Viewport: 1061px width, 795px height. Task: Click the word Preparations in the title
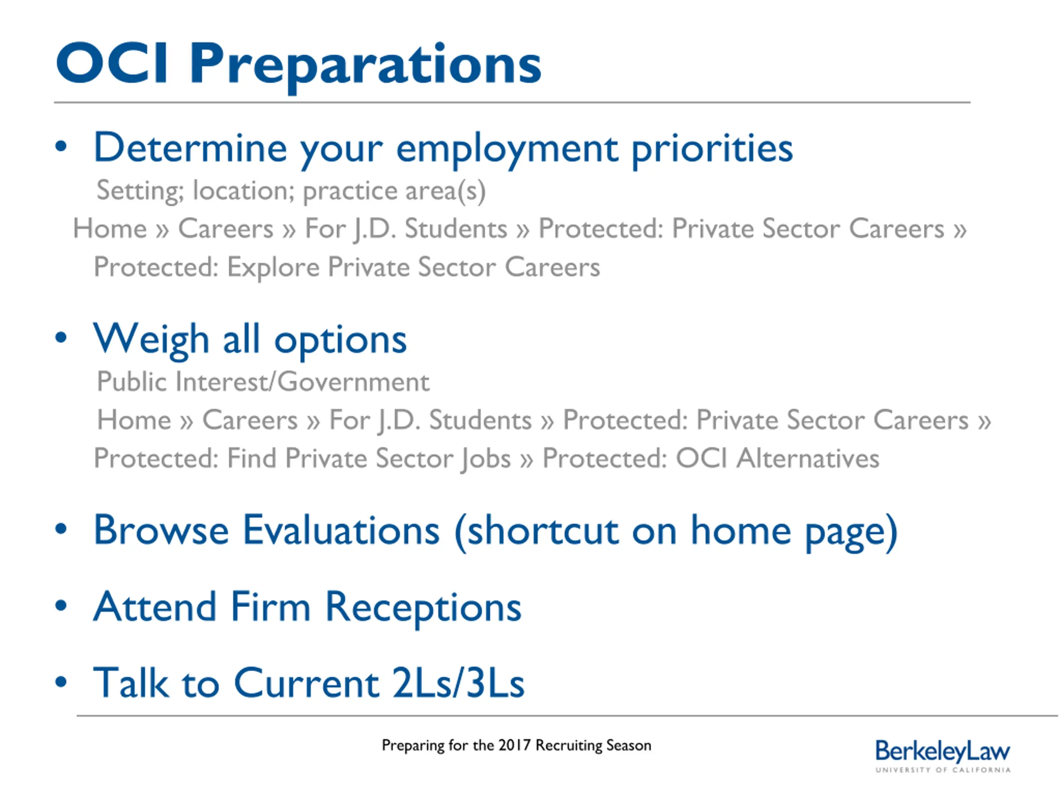click(366, 67)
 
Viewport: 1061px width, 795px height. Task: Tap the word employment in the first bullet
click(507, 150)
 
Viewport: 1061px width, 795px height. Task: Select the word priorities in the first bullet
click(712, 150)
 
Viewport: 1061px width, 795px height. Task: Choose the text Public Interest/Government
click(263, 381)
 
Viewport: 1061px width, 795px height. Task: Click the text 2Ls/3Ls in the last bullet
click(458, 683)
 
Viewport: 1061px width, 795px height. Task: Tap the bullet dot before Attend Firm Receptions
click(61, 605)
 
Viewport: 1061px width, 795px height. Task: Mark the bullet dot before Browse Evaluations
click(61, 529)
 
